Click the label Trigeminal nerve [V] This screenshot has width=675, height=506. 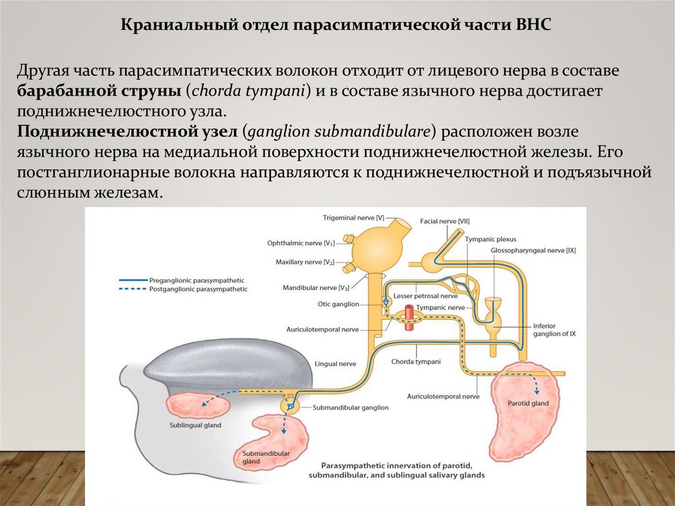[x=353, y=217]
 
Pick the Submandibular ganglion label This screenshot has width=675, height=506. [x=347, y=408]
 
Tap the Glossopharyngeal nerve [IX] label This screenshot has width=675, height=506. [x=533, y=250]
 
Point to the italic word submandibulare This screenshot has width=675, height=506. [x=378, y=132]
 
